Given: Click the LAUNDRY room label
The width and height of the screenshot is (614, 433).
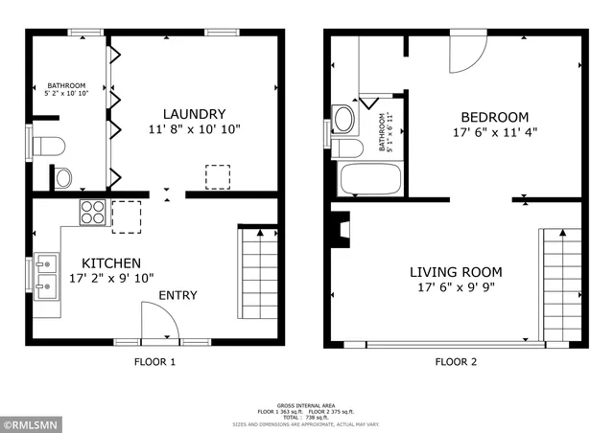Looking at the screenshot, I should coord(194,112).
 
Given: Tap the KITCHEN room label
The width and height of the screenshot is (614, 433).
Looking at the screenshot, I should coord(111,263).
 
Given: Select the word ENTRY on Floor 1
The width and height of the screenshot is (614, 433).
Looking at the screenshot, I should coord(177,295).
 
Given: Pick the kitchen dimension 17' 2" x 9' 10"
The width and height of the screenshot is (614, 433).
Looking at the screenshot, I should coord(112,279).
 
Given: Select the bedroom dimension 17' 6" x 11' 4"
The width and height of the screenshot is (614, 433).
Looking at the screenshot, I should coord(494,132).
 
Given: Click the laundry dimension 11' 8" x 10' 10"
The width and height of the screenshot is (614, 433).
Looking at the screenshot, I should coord(194,127).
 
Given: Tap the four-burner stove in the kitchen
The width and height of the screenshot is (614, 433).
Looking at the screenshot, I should coord(93,211).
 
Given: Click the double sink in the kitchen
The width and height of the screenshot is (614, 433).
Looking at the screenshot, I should coord(46,274).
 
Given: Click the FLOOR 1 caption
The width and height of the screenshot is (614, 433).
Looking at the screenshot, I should coord(153,362).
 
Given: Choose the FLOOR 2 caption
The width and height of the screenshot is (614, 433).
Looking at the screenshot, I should coord(456,362).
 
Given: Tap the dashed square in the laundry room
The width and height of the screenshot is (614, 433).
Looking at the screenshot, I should coord(219,177).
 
